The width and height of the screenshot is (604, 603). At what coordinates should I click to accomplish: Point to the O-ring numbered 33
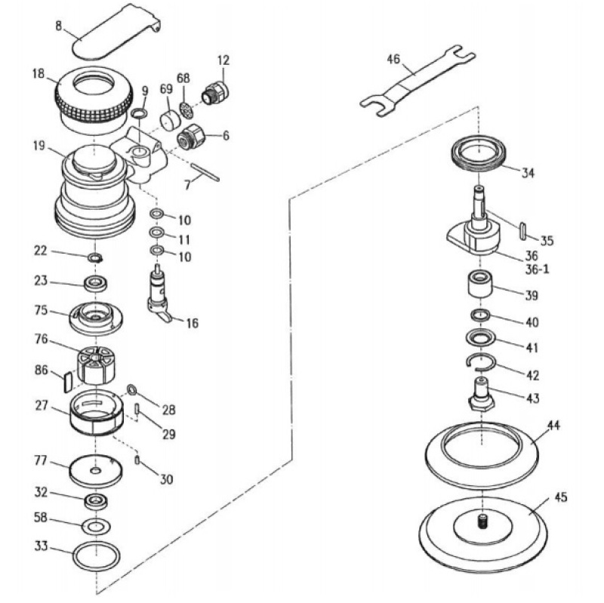(x=96, y=557)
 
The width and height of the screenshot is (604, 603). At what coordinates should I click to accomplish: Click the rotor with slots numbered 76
(x=97, y=364)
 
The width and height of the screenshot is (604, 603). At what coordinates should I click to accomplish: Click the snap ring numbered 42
(x=479, y=363)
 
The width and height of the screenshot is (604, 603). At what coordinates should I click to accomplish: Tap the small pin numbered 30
(x=137, y=459)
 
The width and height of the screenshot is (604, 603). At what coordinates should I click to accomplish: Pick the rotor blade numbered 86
(x=66, y=380)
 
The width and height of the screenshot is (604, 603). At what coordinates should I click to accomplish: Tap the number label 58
(x=41, y=518)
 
